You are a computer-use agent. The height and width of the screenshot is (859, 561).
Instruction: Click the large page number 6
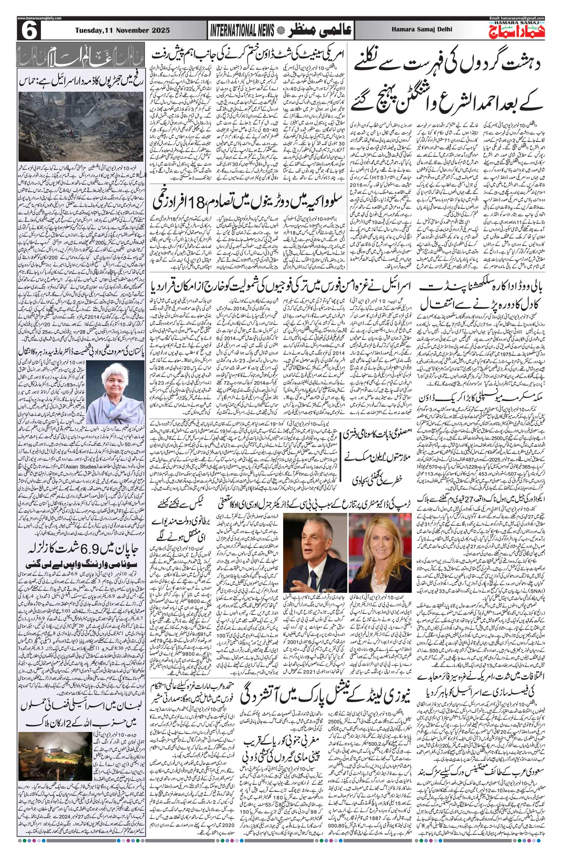[x=28, y=31]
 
